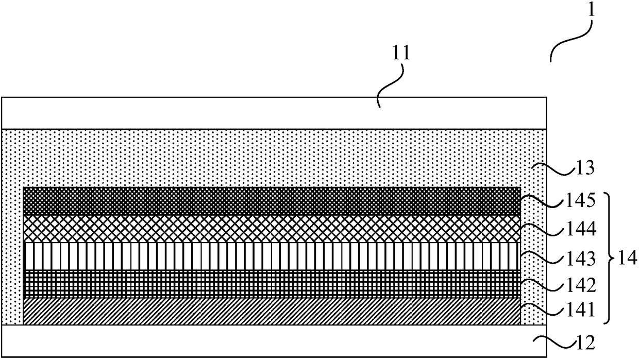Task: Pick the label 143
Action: click(581, 257)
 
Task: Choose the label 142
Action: click(581, 284)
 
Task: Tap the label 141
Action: click(581, 311)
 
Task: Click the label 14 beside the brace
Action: click(626, 256)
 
